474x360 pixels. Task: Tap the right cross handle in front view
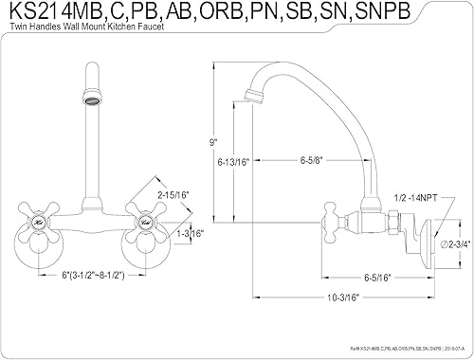pyautogui.click(x=145, y=223)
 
